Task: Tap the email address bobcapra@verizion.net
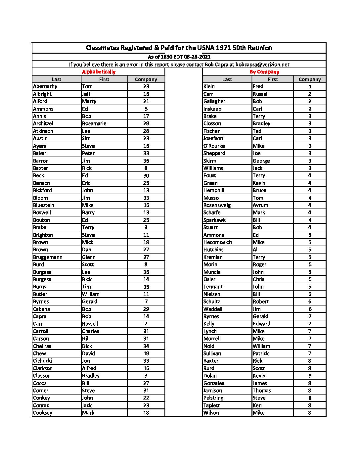(x=262, y=65)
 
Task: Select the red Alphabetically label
(x=99, y=72)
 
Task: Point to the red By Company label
(x=264, y=72)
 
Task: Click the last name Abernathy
(x=45, y=86)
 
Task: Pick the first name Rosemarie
(x=94, y=123)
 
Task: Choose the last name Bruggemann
(x=48, y=257)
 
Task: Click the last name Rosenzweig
(x=217, y=205)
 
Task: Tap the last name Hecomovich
(x=217, y=242)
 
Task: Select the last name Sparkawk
(x=214, y=220)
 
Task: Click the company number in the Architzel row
(x=146, y=123)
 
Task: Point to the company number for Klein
(x=310, y=86)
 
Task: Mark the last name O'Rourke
(x=214, y=146)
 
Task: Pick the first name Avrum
(x=260, y=205)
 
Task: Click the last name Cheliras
(x=42, y=346)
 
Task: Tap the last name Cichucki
(x=42, y=361)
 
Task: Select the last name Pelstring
(x=213, y=398)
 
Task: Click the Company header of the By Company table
(x=310, y=79)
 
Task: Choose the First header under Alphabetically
(x=104, y=79)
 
